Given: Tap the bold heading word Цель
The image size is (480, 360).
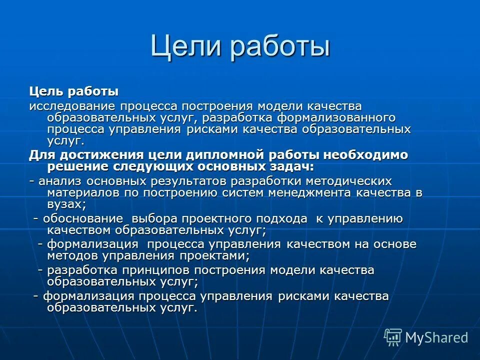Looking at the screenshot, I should [45, 92].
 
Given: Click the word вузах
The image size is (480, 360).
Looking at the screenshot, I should [66, 204].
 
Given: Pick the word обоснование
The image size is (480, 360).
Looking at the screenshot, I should [82, 218].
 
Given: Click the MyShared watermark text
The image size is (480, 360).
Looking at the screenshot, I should [436, 337].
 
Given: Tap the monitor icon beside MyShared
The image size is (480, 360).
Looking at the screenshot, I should [393, 337].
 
